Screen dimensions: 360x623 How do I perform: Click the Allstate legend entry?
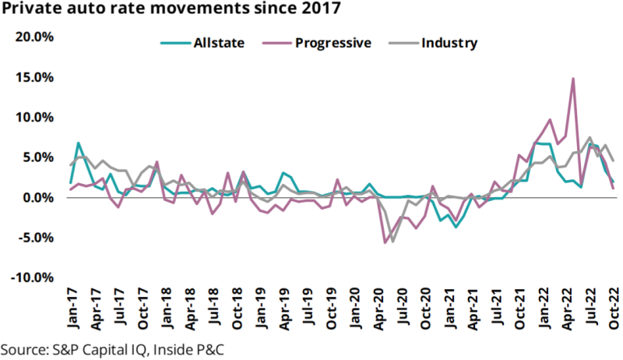click(x=218, y=42)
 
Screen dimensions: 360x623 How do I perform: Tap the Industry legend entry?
click(x=449, y=42)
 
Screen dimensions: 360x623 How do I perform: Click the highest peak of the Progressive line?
click(x=573, y=78)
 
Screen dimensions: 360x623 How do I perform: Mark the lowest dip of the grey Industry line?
click(x=392, y=242)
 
